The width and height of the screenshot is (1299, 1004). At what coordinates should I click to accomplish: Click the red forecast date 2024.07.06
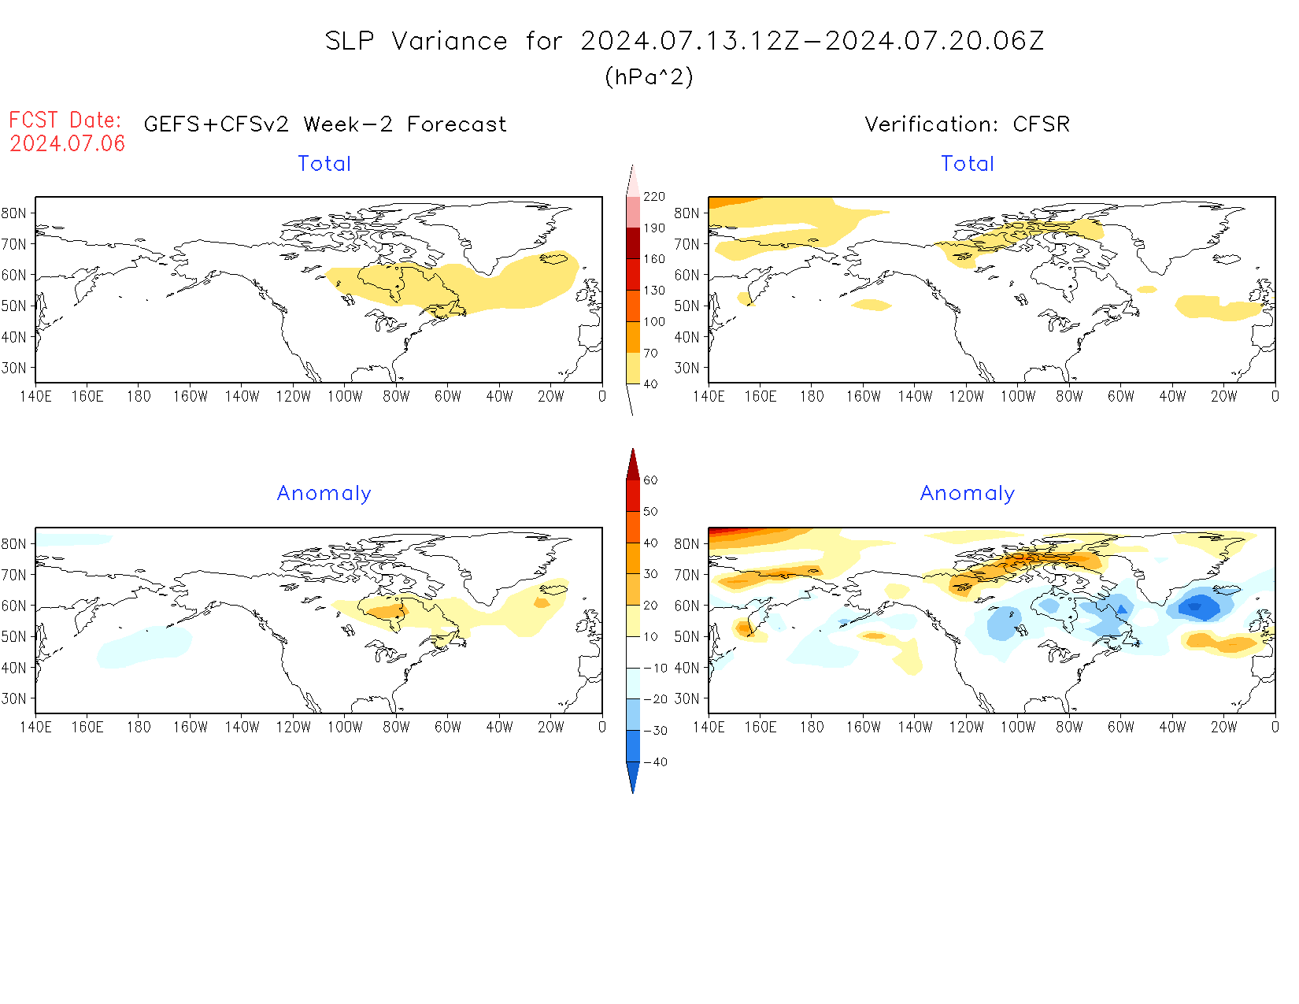pos(68,143)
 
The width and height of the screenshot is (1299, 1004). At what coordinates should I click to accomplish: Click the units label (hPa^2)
pos(649,76)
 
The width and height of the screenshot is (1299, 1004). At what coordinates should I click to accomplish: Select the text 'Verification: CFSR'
pos(967,124)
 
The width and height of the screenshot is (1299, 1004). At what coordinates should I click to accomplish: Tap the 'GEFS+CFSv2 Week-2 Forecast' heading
pos(325,124)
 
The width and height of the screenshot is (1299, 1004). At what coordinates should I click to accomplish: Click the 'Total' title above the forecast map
pos(324,164)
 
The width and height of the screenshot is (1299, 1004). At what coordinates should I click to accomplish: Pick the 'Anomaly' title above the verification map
pos(967,494)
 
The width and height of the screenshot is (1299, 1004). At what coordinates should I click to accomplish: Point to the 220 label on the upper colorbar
pos(653,197)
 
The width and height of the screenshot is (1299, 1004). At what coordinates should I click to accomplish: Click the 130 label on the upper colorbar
pos(653,291)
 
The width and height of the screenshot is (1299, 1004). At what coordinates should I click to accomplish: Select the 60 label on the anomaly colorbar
pos(650,480)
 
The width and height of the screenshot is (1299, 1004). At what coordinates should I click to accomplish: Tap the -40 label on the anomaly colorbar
pos(655,762)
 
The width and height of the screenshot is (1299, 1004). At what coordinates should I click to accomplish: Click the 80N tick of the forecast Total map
pos(14,213)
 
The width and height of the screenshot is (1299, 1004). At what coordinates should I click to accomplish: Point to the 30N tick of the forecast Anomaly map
pos(14,698)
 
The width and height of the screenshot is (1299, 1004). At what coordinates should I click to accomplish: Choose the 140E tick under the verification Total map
pos(709,396)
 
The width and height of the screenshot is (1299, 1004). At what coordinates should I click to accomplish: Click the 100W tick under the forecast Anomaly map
pos(345,727)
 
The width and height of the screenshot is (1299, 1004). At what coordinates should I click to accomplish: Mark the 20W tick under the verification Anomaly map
pos(1223,727)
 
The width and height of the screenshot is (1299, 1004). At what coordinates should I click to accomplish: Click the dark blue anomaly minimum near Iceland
pos(1196,606)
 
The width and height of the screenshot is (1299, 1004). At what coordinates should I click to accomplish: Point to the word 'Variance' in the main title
pos(450,41)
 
